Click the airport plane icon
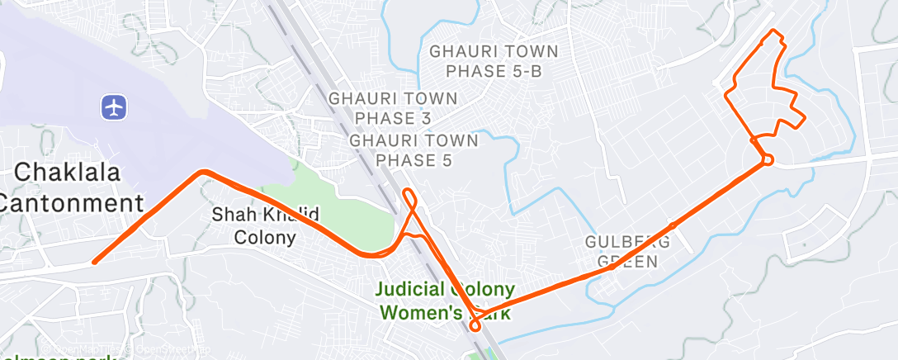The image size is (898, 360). coord(114,107)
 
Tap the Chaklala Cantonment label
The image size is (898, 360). coord(70,188)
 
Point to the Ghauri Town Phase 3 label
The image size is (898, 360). coord(393,108)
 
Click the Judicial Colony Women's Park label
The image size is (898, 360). coord(447,301)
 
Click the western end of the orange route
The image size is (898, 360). coord(95,262)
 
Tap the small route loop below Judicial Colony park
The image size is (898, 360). coord(475,324)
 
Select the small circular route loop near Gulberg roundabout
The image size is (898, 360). coord(767,159)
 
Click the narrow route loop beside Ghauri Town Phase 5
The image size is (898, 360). coord(409,200)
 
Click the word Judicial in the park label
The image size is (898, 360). coord(414,291)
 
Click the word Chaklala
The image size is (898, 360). coord(69,173)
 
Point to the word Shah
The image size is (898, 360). coord(227,215)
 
